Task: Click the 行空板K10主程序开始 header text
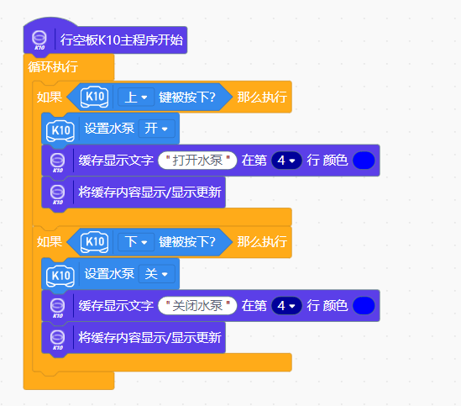pos(122,40)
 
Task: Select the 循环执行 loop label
pos(53,67)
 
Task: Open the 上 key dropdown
pos(136,98)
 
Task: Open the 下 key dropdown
pos(136,242)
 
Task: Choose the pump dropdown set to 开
pos(156,129)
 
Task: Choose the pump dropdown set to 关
pos(156,274)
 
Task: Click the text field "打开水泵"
pos(197,161)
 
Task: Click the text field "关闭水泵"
pos(197,306)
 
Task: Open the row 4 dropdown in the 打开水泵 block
pos(286,161)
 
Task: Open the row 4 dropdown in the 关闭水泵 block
pos(286,306)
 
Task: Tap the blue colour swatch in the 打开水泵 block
pos(364,161)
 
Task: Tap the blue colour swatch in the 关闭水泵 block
pos(364,306)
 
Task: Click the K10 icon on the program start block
pos(39,40)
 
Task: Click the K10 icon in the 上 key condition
pos(95,98)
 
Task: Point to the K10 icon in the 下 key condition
pos(95,242)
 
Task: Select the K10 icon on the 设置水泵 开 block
pos(60,130)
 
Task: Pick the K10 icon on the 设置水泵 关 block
pos(60,276)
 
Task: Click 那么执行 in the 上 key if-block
pos(262,98)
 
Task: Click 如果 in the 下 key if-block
pos(50,242)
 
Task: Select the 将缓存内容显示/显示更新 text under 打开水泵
pos(149,192)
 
